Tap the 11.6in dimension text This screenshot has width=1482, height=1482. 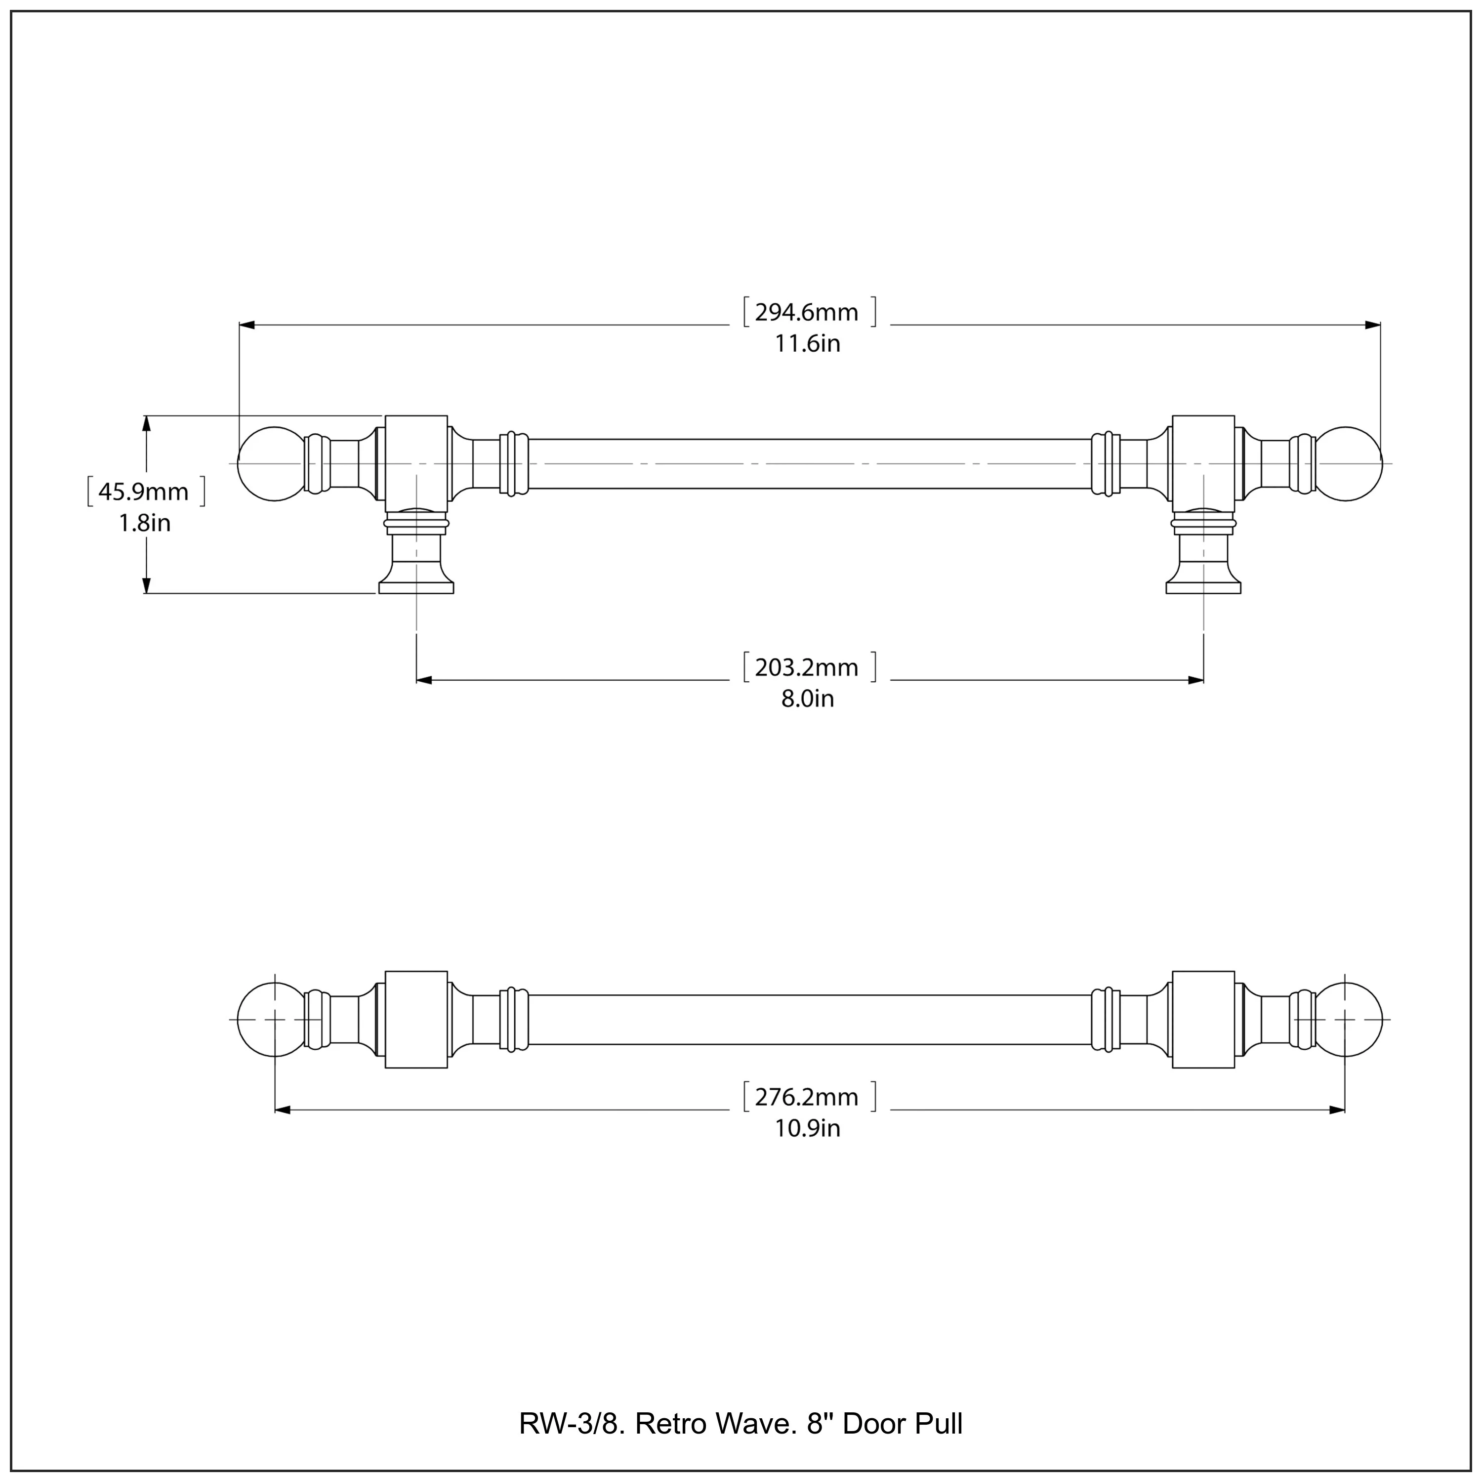(807, 344)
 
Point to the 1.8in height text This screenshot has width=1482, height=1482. (144, 523)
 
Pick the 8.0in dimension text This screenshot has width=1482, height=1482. (807, 699)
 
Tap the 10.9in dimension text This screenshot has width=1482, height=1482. (807, 1128)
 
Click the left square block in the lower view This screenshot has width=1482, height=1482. (416, 1020)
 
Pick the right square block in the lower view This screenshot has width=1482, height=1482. (1203, 1020)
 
